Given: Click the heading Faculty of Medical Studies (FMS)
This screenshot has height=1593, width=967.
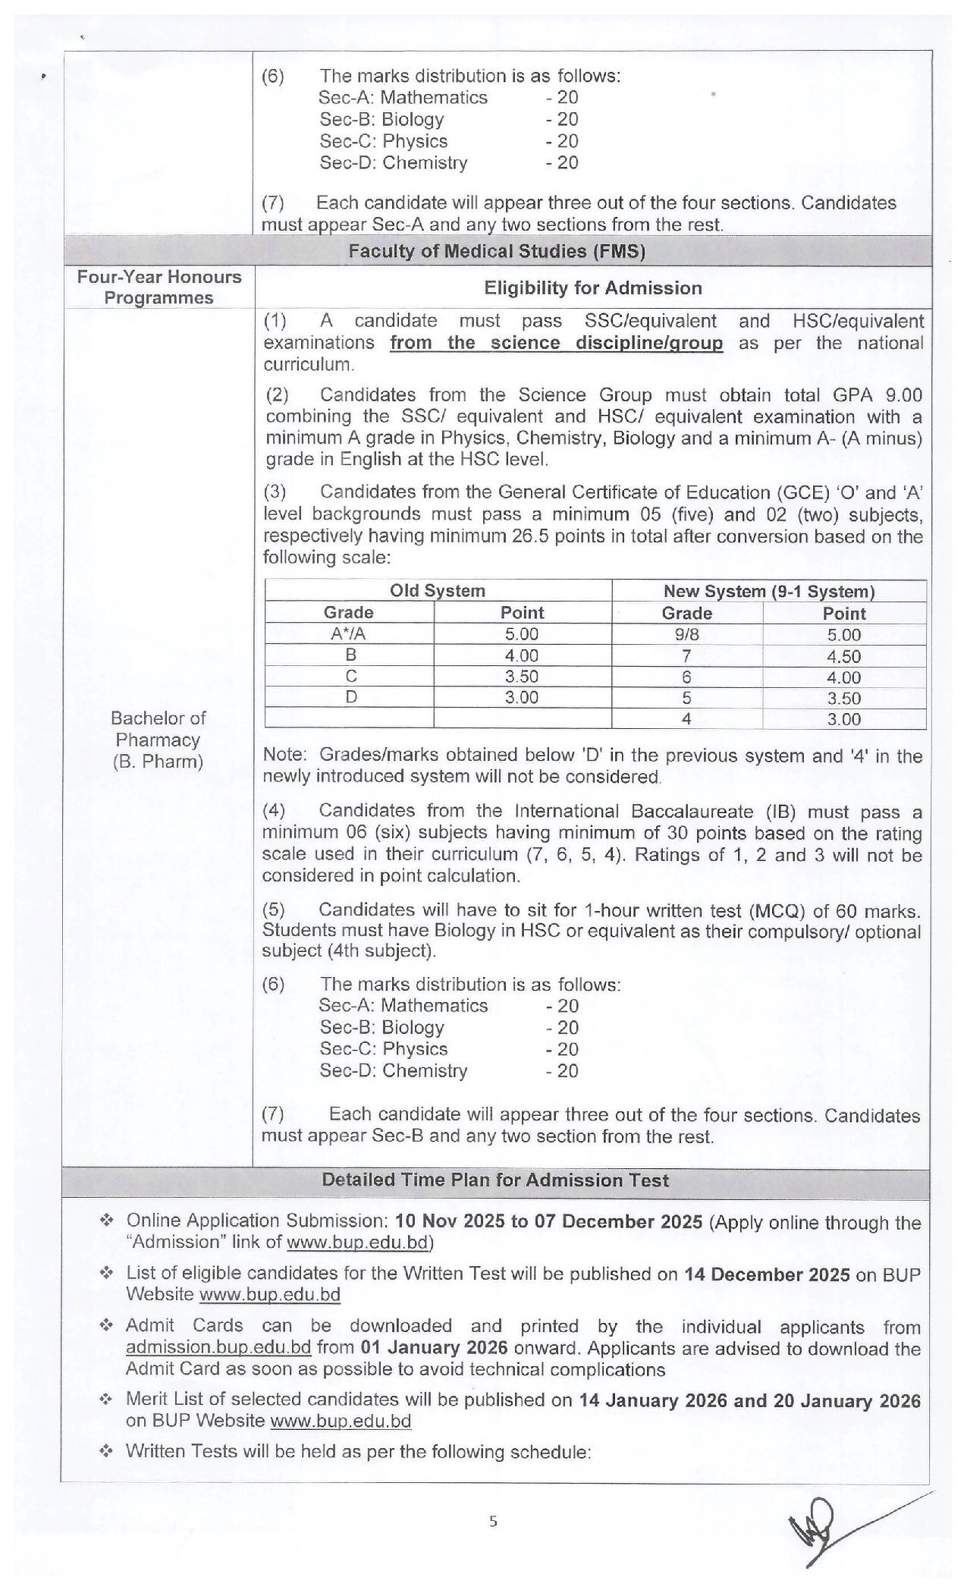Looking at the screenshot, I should [496, 251].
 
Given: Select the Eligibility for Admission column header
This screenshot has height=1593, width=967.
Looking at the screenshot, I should [592, 287].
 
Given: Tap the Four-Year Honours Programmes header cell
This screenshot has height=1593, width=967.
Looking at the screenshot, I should [159, 287].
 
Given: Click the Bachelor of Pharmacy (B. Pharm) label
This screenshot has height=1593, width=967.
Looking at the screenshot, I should [158, 740].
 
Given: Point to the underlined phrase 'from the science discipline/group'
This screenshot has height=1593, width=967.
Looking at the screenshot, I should [556, 343].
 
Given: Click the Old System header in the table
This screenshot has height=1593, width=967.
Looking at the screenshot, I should [438, 591].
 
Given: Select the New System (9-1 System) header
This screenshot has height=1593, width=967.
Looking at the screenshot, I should [768, 591].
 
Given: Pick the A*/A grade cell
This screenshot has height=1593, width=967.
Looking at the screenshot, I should [348, 634].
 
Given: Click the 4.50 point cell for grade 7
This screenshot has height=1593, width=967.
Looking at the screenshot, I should [843, 656].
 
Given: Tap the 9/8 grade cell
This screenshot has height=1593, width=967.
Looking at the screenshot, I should [686, 634].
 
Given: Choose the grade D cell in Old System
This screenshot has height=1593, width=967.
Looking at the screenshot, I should [350, 697].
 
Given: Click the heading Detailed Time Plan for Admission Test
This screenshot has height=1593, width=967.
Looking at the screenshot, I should [495, 1180].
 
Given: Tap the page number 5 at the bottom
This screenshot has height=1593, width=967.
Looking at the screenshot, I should [494, 1521].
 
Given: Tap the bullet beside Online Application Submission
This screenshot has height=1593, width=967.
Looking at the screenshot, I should [107, 1221].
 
